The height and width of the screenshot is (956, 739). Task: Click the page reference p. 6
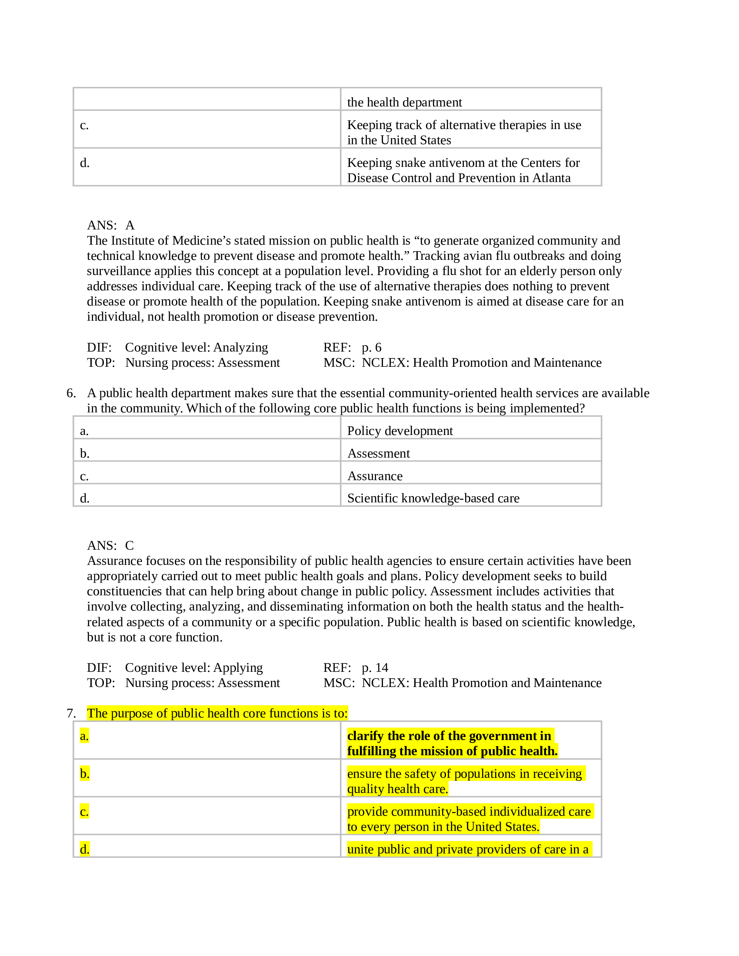coord(371,348)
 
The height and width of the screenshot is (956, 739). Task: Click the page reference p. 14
coord(375,667)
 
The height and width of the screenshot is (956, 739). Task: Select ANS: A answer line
coord(111,225)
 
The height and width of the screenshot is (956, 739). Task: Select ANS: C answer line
coord(111,545)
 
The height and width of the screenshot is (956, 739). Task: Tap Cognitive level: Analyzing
coord(196,348)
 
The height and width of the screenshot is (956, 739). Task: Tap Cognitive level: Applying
coord(193,667)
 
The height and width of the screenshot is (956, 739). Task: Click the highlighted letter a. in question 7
coord(84,736)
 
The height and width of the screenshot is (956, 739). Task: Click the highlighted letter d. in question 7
coord(84,849)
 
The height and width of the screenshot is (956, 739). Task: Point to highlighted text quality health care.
coord(397,789)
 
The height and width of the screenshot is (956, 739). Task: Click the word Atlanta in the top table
coord(551,178)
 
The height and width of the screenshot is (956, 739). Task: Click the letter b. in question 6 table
coord(84,454)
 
